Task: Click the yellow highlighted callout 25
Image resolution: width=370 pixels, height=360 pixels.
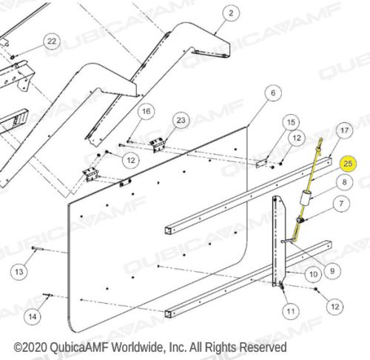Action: point(348,164)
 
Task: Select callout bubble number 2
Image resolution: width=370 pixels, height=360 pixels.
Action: point(231,13)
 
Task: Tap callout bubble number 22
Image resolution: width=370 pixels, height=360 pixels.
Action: point(52,41)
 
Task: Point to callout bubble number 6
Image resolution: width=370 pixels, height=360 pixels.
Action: point(272,93)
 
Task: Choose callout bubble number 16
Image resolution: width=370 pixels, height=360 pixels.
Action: point(147,111)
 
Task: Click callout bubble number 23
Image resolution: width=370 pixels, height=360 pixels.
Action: point(181,120)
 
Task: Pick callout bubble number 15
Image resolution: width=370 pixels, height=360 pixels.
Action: point(291,122)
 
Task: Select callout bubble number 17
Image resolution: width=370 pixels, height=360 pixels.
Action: point(344,130)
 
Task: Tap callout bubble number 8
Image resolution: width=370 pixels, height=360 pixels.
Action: point(344,182)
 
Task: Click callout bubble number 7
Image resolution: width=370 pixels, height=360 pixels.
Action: point(341,204)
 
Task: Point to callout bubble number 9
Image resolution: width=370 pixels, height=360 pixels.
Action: point(332,271)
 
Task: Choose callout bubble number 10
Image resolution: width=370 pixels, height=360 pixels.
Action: point(313,274)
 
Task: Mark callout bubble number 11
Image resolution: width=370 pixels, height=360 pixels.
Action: point(291,311)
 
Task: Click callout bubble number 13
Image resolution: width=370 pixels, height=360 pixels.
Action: point(19,272)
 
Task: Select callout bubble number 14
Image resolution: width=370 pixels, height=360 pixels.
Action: point(33,316)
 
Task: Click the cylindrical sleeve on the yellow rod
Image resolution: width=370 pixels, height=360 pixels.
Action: point(305,199)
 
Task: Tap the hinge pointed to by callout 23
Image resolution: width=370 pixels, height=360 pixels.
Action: point(157,145)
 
